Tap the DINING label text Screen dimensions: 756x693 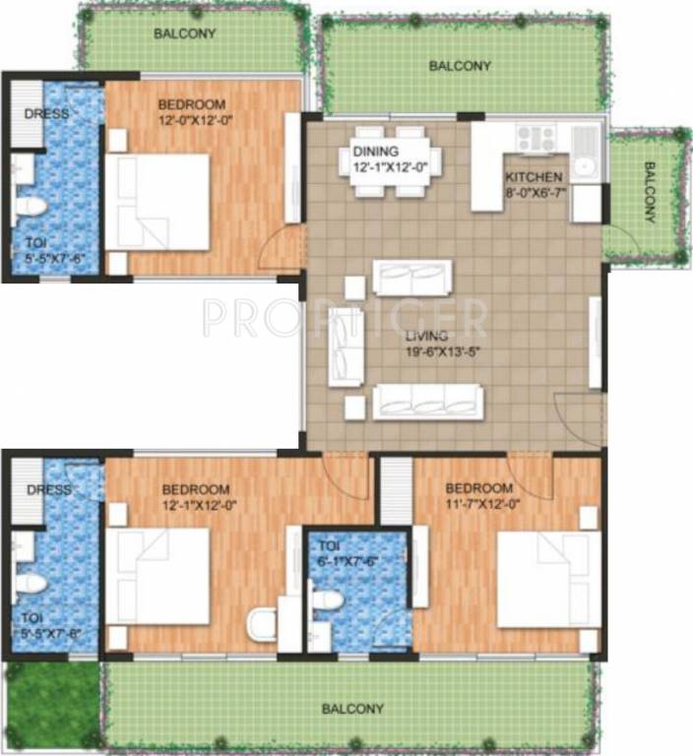point(376,151)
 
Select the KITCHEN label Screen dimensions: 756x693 point(535,177)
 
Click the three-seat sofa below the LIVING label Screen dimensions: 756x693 point(428,402)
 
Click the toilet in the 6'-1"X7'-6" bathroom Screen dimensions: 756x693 point(328,598)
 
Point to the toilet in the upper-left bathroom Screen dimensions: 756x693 point(31,207)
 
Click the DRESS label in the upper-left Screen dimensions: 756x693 point(46,113)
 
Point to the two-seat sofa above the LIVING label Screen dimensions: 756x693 point(412,277)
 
